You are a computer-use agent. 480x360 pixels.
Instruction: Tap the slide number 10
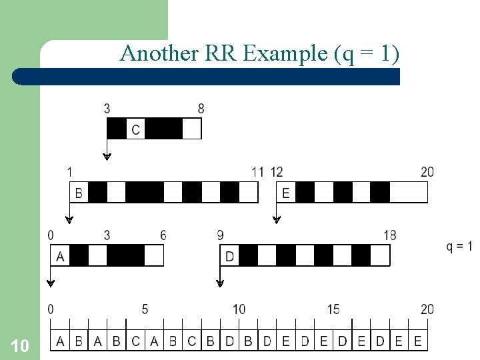[20, 345]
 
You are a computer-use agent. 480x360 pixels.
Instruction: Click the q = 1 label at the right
[459, 247]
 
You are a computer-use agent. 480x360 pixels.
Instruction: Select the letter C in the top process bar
[135, 129]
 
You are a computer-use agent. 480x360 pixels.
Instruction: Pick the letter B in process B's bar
[79, 193]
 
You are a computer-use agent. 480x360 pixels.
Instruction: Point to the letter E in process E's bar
[286, 193]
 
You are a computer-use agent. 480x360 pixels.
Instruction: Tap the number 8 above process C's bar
[201, 109]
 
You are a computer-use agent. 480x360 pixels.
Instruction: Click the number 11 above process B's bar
[257, 172]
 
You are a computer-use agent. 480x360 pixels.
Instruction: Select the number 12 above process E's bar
[277, 172]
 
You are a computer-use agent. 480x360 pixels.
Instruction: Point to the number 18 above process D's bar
[390, 235]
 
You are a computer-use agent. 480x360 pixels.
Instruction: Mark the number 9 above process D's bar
[220, 235]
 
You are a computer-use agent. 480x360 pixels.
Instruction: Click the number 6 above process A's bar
[163, 235]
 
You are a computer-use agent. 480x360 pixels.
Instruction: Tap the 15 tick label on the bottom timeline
[333, 309]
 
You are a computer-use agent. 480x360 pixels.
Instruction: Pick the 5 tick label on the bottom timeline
[145, 309]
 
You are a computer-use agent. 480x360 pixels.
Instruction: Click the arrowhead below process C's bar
[107, 157]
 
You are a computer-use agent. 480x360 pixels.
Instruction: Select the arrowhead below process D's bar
[220, 283]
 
